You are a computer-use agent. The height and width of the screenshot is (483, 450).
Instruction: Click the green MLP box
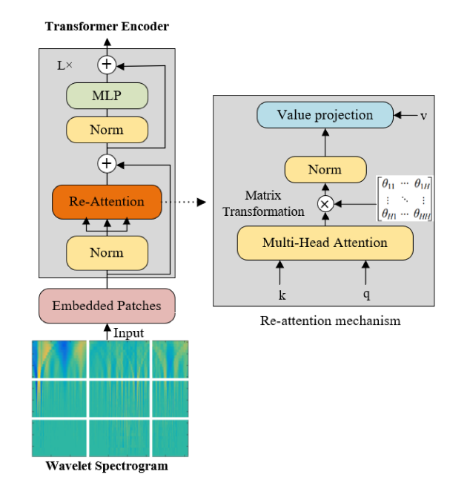pyautogui.click(x=107, y=96)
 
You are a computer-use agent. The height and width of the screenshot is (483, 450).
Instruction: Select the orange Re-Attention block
pyautogui.click(x=107, y=201)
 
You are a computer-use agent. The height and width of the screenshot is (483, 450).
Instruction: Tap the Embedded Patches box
pyautogui.click(x=107, y=305)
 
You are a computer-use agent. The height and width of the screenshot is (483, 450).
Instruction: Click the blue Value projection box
pyautogui.click(x=325, y=115)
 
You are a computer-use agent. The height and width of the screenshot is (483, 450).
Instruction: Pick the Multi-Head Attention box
pyautogui.click(x=325, y=243)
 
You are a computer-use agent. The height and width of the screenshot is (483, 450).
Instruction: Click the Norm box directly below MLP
pyautogui.click(x=107, y=130)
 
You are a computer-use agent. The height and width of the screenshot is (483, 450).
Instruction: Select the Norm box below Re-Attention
pyautogui.click(x=107, y=252)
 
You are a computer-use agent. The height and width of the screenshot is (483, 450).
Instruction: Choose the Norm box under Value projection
pyautogui.click(x=325, y=170)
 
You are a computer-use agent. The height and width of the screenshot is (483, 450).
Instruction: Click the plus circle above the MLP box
pyautogui.click(x=107, y=65)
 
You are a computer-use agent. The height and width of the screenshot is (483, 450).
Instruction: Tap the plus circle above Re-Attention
pyautogui.click(x=107, y=162)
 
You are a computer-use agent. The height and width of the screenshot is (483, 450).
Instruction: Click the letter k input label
pyautogui.click(x=280, y=294)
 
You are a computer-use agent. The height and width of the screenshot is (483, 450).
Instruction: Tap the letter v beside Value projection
pyautogui.click(x=423, y=115)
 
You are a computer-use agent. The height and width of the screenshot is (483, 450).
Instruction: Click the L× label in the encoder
pyautogui.click(x=65, y=65)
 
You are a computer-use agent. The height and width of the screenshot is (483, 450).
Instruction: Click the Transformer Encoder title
pyautogui.click(x=107, y=27)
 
